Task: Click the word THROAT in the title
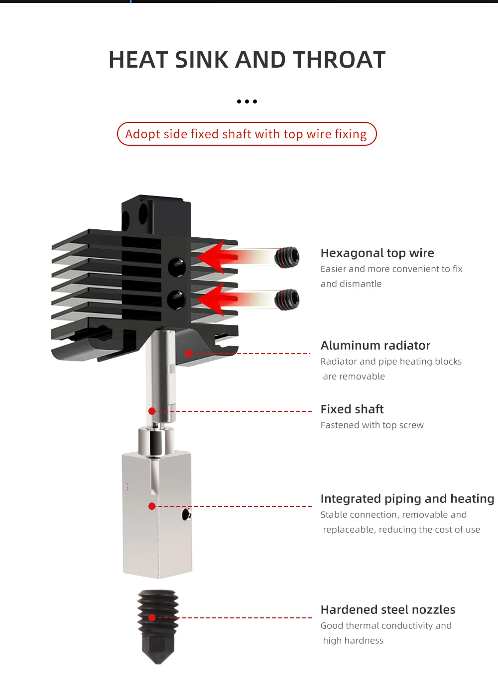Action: pos(339,60)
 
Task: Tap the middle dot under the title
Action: pos(247,101)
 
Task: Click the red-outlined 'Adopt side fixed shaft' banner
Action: pos(247,134)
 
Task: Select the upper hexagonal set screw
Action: pos(287,257)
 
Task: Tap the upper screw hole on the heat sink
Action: pos(177,267)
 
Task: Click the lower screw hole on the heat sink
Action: pos(176,299)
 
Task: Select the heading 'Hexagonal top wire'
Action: pos(377,253)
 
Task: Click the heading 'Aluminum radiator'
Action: pos(375,346)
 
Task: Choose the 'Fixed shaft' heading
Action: pos(352,409)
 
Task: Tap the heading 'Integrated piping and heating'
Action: pos(407,499)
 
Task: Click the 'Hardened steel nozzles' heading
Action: pos(387,610)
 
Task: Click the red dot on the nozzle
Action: pos(152,618)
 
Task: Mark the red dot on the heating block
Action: pos(152,506)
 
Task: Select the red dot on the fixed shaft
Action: pos(152,411)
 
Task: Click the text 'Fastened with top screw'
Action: pos(372,425)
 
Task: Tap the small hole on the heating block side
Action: pos(186,514)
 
